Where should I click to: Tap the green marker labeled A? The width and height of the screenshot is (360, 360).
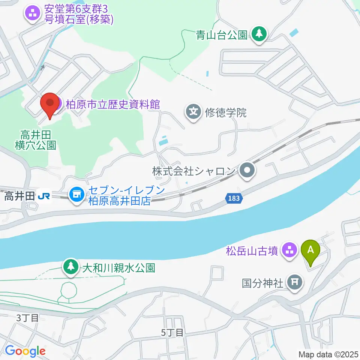coord(310,251)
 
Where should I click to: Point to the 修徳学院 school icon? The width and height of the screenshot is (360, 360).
coord(193,112)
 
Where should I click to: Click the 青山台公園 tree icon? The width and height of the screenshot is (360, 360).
coord(258,35)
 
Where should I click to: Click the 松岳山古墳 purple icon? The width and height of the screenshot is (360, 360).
coord(289,250)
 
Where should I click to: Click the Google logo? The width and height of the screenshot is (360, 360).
coord(25,351)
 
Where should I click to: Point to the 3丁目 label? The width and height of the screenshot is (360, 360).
coord(27,318)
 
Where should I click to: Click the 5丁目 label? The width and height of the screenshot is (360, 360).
coord(172,332)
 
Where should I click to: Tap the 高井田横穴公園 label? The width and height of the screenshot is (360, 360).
coord(36,139)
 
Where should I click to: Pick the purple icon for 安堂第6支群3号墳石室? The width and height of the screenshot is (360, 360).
coord(32,14)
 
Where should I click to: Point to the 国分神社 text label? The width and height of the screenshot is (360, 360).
coord(262,282)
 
